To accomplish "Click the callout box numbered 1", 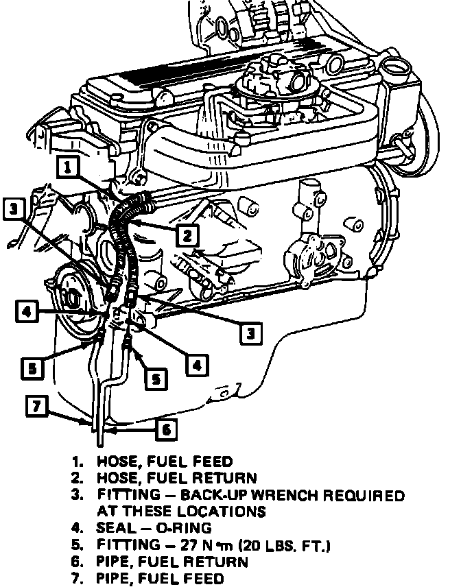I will (x=69, y=166).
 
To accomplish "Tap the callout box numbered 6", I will (x=165, y=429).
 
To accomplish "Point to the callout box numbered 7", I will (x=38, y=406).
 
